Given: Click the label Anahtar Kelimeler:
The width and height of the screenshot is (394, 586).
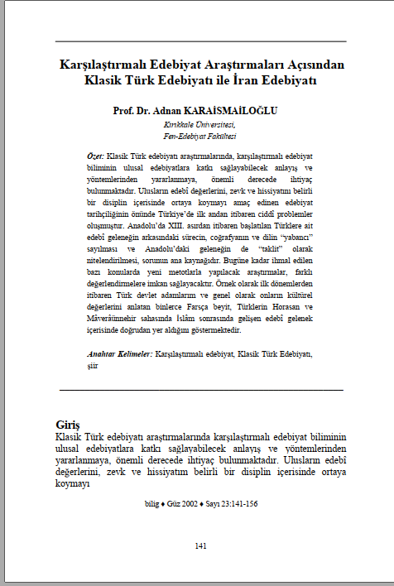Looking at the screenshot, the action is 119,354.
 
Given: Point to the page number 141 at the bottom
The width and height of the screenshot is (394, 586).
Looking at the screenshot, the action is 199,545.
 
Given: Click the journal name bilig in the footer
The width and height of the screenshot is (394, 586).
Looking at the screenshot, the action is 151,503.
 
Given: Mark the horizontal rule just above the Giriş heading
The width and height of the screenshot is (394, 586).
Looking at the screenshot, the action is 201,389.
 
